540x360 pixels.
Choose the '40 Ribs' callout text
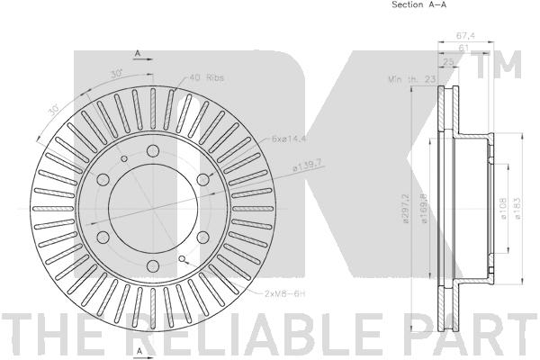(x=207, y=78)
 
